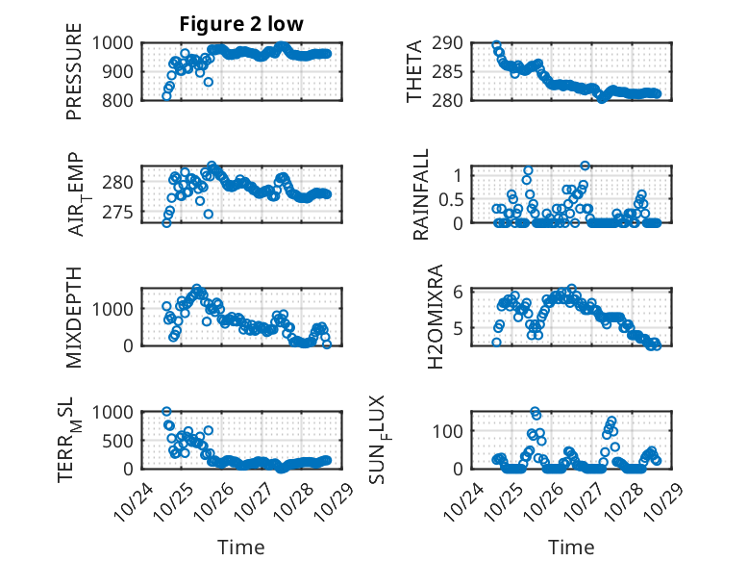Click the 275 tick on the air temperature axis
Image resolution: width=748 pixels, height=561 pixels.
pyautogui.click(x=124, y=212)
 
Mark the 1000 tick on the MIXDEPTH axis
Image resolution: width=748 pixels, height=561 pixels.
pyautogui.click(x=118, y=309)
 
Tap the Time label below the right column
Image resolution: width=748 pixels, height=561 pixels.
pyautogui.click(x=571, y=547)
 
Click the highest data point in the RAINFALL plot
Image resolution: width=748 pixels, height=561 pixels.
pyautogui.click(x=585, y=166)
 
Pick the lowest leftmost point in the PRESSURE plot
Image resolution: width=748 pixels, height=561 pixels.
pyautogui.click(x=166, y=96)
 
